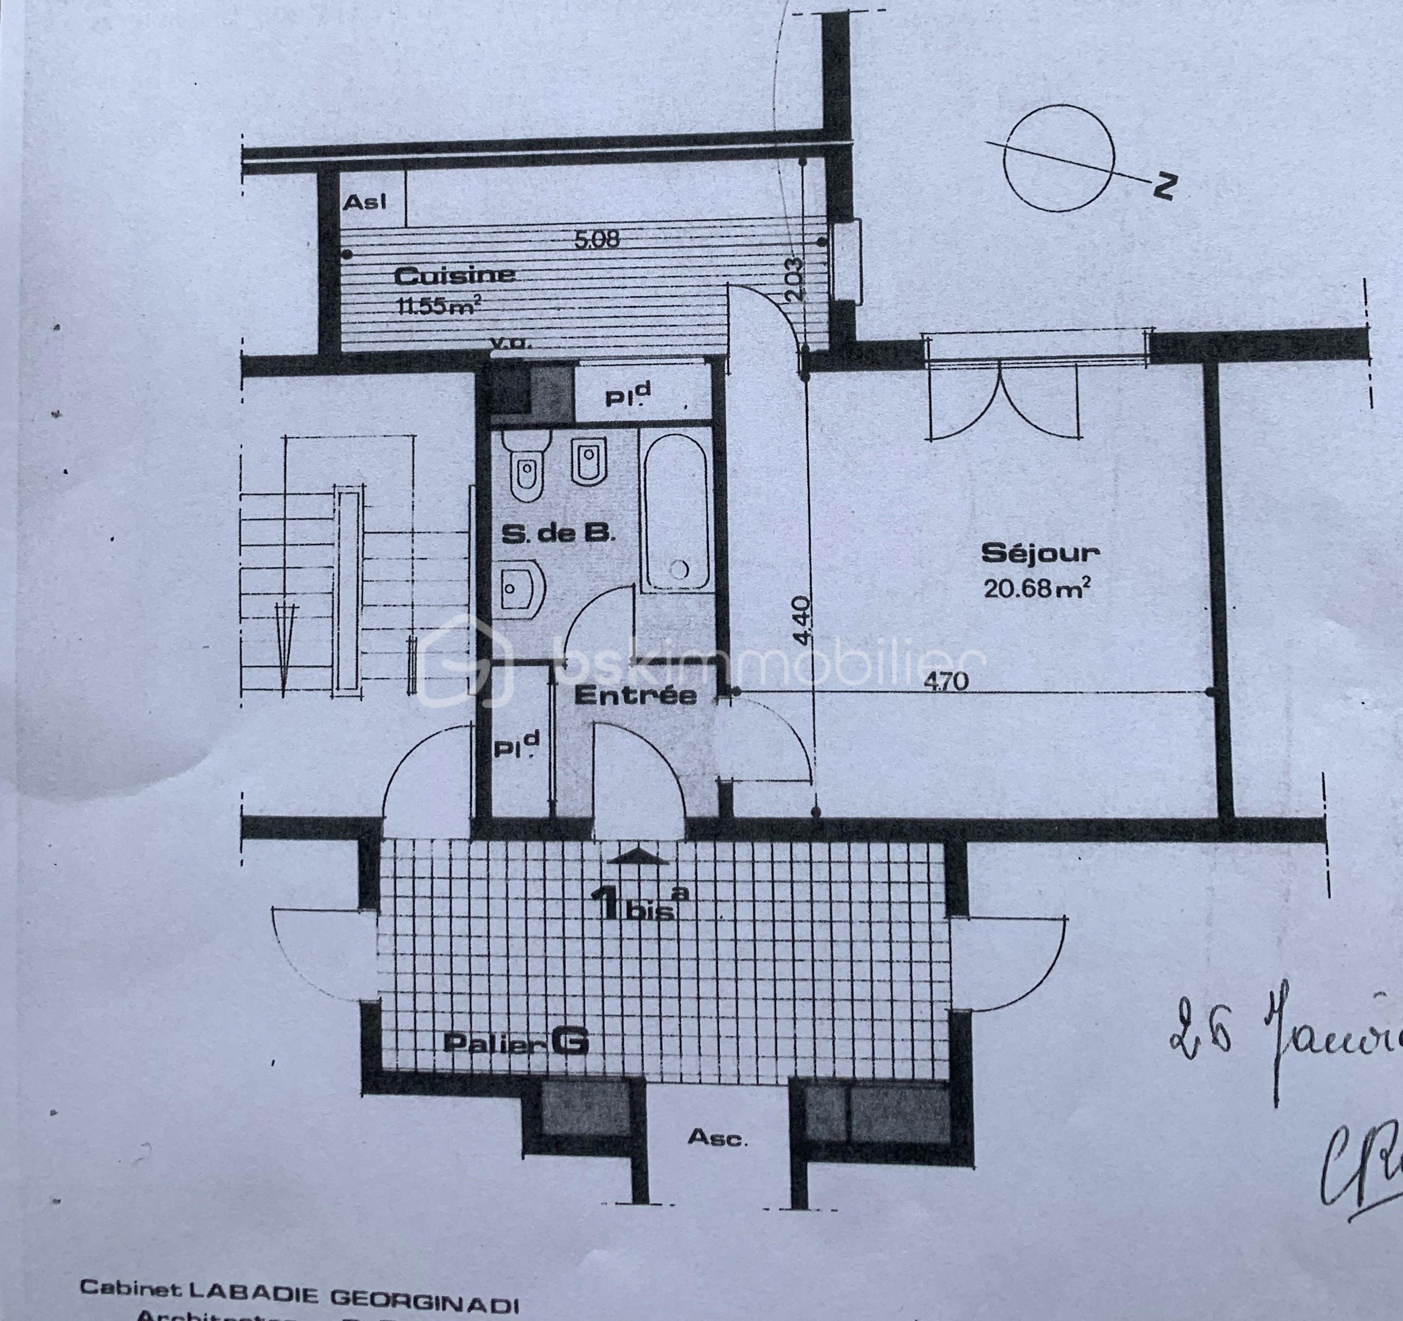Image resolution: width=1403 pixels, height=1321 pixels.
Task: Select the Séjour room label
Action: click(x=1040, y=552)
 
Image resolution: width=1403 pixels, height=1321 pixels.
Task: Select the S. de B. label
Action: click(x=558, y=534)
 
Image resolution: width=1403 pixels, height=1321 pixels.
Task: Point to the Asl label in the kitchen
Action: click(x=364, y=203)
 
